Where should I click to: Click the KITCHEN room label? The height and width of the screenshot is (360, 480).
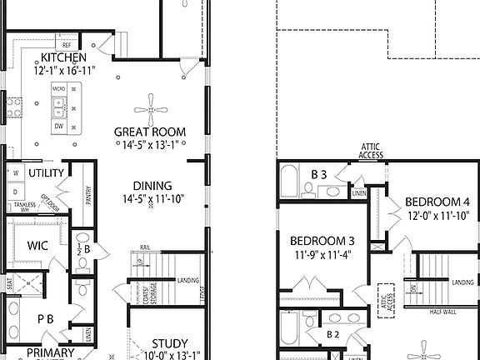(63, 57)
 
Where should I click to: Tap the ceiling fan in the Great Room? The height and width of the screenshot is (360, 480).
(151, 102)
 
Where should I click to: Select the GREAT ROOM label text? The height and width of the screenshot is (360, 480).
(150, 132)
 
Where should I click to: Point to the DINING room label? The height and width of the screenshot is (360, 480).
(152, 186)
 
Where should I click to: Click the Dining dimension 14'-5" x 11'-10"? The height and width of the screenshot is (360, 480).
(152, 199)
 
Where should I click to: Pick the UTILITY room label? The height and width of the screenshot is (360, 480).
(46, 172)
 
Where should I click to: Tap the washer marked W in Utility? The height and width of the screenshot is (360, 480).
(14, 172)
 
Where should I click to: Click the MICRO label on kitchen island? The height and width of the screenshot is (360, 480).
(57, 87)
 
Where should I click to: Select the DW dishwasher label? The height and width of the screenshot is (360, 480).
(58, 126)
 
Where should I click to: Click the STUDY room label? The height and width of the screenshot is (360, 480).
(169, 343)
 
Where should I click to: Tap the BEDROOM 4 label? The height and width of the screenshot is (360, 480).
(437, 202)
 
